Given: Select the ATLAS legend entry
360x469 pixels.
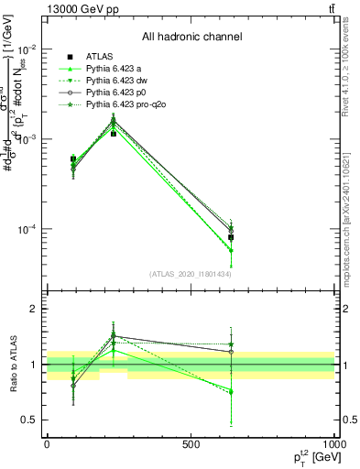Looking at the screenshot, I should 100,56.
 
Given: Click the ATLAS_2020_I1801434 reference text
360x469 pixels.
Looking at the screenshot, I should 191,274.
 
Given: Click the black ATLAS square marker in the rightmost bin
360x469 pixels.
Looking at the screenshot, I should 231,237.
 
